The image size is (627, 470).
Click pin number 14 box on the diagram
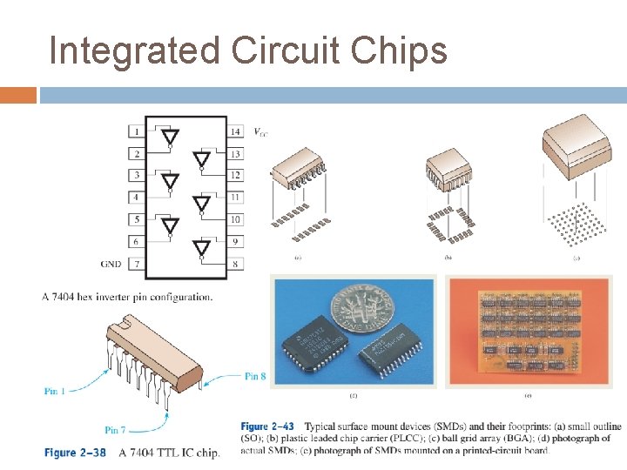click(x=235, y=132)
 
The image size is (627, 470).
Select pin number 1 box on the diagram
click(x=136, y=132)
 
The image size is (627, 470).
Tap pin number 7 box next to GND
click(x=136, y=263)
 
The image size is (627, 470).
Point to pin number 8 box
click(x=235, y=263)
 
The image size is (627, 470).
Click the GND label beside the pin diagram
click(x=111, y=263)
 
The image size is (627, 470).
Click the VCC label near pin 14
click(x=260, y=132)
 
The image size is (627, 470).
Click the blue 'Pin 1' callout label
click(x=55, y=391)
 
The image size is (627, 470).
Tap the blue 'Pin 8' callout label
click(x=255, y=376)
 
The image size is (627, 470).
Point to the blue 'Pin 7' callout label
click(x=115, y=430)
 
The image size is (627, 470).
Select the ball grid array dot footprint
click(x=576, y=224)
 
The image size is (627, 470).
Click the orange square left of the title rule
click(x=18, y=95)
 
